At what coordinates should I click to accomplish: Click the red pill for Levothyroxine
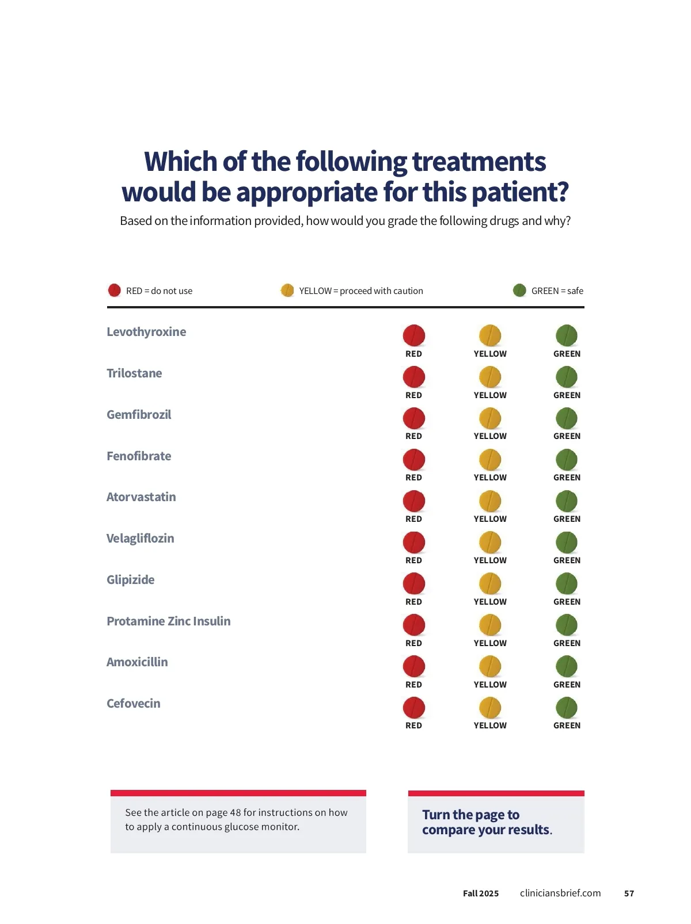pos(413,335)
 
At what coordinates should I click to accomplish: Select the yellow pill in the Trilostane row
pos(490,377)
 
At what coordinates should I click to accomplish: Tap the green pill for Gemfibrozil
pos(567,418)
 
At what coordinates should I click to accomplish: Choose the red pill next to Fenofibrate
pos(413,460)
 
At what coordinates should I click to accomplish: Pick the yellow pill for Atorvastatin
pos(490,501)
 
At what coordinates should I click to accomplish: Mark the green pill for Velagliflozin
pos(567,543)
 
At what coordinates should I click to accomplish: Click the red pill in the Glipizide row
pos(413,584)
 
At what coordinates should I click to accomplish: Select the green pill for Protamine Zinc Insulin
pos(567,625)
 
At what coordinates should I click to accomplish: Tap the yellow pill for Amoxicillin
pos(490,667)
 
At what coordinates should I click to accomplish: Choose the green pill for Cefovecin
pos(567,708)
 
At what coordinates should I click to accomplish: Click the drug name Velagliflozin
pos(140,539)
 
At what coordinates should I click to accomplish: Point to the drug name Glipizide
pos(130,580)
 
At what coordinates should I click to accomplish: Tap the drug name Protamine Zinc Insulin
pos(168,621)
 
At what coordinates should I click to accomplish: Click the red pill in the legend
pos(115,290)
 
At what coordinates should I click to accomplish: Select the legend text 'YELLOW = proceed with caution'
pos(360,291)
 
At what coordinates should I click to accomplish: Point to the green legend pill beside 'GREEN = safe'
pos(519,290)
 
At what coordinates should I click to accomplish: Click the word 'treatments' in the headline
pos(479,162)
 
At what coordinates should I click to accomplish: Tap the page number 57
pos(629,894)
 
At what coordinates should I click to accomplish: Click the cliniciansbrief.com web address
pos(560,893)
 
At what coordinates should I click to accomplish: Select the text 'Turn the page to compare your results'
pos(487,822)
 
